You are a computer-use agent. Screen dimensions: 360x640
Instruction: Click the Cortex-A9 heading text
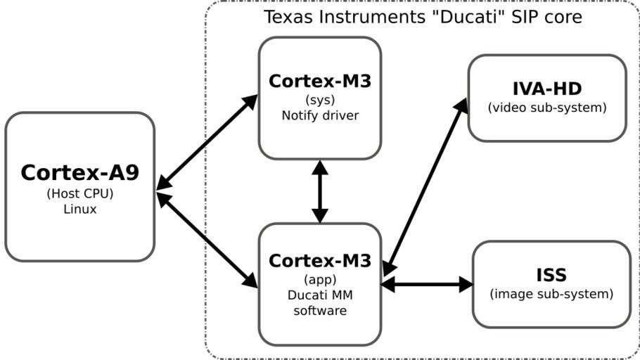pos(79,172)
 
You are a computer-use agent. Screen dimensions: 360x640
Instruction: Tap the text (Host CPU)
pos(79,193)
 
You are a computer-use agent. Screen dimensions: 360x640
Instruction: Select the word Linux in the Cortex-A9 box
pos(79,209)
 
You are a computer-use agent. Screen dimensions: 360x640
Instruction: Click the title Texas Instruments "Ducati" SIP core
pos(423,16)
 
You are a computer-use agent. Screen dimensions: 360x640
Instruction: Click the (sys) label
pos(319,100)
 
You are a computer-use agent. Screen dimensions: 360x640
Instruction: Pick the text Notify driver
pos(319,115)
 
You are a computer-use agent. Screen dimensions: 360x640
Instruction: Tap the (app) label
pos(319,279)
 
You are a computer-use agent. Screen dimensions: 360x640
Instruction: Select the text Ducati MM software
pos(319,302)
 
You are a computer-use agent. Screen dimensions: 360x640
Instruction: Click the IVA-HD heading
pos(546,89)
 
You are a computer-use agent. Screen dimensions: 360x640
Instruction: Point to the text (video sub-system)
pos(546,108)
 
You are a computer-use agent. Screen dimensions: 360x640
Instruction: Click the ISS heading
pos(551,274)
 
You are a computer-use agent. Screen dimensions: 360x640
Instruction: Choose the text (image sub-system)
pos(551,293)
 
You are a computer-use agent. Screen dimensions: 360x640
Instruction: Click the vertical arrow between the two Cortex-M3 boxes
pos(320,191)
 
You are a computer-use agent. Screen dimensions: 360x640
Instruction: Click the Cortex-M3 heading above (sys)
pos(319,82)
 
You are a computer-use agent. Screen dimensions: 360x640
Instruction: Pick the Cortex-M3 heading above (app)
pos(319,261)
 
